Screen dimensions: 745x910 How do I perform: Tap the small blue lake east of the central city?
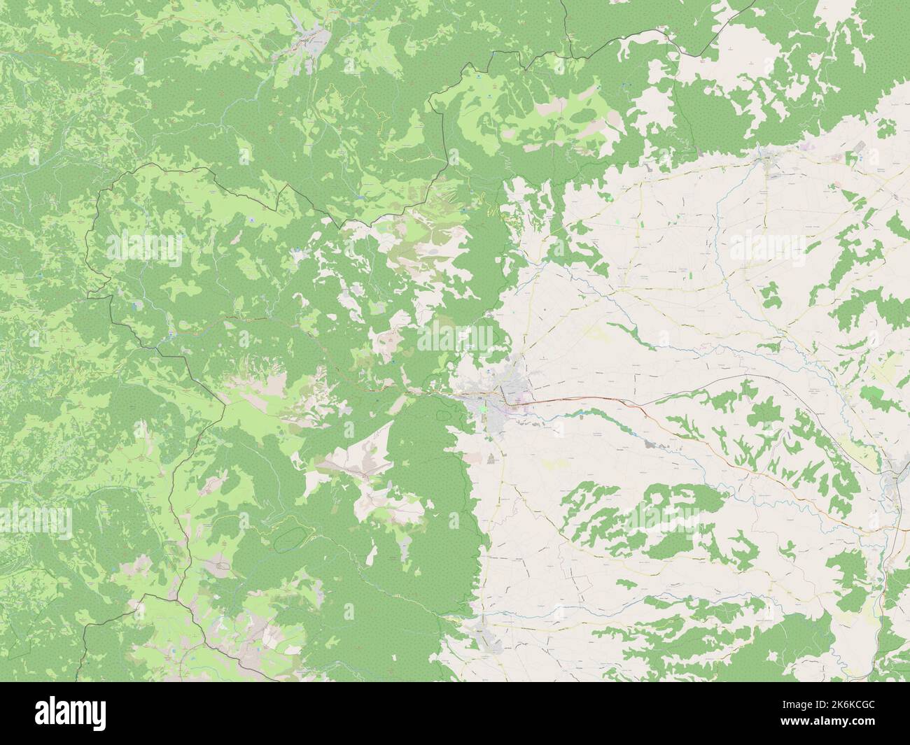pyautogui.click(x=582, y=414)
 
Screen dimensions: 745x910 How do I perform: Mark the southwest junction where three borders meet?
pyautogui.click(x=146, y=595)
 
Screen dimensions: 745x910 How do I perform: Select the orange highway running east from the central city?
pyautogui.click(x=595, y=403)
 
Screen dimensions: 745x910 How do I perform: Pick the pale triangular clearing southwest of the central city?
pyautogui.click(x=371, y=448)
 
